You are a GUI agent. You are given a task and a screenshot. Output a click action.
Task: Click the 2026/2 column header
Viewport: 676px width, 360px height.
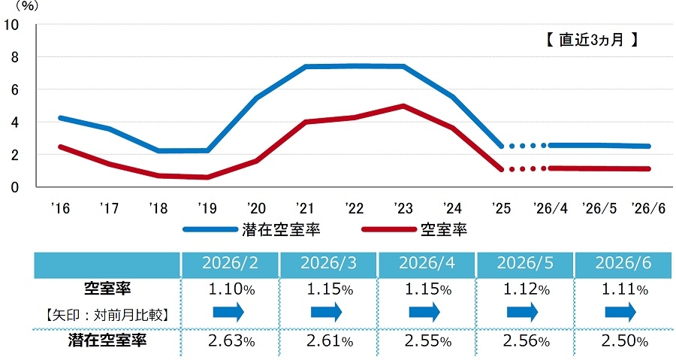click(x=230, y=263)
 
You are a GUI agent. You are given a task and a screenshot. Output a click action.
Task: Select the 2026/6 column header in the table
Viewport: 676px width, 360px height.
click(x=623, y=263)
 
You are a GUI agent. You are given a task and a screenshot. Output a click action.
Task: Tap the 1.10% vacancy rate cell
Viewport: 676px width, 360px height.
click(x=231, y=289)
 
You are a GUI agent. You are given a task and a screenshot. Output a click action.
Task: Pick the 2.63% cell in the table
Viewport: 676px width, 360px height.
click(x=231, y=341)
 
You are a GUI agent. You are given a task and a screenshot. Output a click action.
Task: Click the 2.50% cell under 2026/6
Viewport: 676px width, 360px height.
click(x=625, y=341)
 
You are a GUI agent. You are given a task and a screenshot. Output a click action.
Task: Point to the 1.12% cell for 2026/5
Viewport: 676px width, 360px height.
click(x=527, y=289)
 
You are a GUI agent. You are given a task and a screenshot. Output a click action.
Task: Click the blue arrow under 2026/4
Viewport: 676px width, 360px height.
click(x=424, y=312)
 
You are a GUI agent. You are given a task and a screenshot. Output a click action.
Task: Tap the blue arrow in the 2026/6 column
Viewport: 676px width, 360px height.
click(x=621, y=312)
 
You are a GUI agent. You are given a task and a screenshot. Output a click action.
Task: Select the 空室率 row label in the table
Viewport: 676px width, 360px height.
click(x=107, y=289)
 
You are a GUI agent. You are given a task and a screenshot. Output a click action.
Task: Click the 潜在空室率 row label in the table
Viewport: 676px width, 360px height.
click(x=107, y=340)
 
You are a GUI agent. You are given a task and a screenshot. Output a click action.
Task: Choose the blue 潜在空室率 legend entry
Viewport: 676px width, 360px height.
click(x=252, y=229)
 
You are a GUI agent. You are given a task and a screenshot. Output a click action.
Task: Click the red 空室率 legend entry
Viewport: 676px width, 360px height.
click(x=415, y=229)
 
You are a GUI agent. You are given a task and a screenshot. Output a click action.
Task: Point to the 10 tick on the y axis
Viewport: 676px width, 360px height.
click(x=11, y=25)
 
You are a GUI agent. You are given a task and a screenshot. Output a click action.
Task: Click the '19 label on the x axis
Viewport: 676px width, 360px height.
click(x=207, y=208)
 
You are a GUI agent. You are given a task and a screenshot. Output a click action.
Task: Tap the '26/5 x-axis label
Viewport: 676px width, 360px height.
click(x=599, y=208)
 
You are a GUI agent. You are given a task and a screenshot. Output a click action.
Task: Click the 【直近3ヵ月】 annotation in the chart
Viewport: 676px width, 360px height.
click(x=592, y=40)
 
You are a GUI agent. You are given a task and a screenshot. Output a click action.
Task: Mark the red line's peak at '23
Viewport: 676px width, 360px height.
click(x=403, y=106)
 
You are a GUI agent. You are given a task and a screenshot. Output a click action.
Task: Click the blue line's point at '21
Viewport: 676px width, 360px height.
click(x=305, y=66)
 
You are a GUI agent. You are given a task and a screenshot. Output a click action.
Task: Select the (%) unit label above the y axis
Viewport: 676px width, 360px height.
click(x=27, y=6)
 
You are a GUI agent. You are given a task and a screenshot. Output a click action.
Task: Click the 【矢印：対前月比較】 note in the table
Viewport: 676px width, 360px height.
click(x=107, y=315)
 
